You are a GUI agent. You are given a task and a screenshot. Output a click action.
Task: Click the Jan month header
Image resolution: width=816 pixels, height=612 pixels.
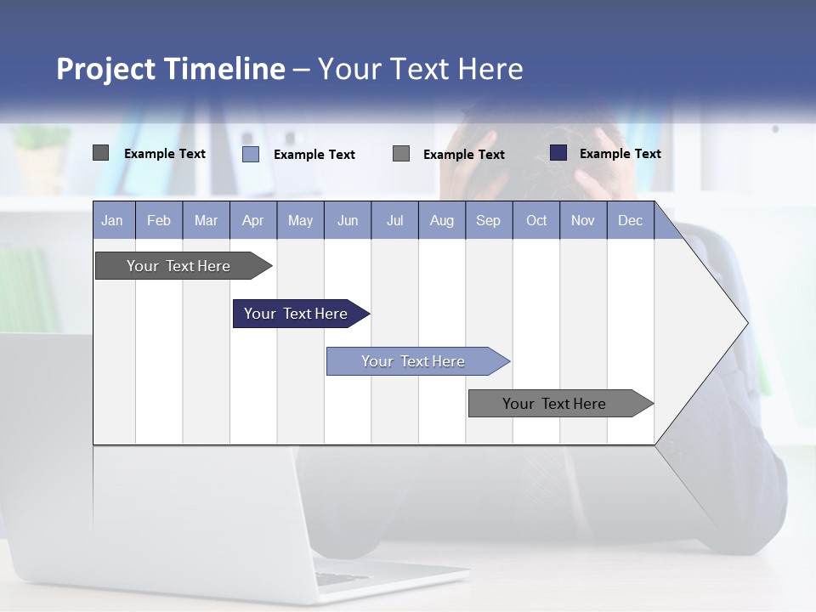112,220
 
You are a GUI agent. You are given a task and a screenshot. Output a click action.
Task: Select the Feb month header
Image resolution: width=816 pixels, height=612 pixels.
159,220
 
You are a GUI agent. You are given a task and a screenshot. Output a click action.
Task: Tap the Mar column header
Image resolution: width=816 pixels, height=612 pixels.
206,220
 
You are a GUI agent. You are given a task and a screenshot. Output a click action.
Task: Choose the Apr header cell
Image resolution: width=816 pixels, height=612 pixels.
253,220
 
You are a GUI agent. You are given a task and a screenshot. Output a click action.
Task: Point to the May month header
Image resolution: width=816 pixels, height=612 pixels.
300,220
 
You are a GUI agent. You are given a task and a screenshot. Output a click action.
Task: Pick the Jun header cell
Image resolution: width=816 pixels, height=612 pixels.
348,220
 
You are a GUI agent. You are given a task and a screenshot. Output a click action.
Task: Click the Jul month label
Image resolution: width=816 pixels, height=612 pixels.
394,220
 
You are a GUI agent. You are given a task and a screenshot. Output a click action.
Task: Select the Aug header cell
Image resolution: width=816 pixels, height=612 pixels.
442,220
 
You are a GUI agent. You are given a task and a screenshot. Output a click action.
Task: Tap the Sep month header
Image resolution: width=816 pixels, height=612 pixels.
489,220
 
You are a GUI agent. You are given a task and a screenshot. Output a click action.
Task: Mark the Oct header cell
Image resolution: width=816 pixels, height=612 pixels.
536,220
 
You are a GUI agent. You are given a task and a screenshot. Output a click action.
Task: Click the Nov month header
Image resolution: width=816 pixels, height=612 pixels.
583,220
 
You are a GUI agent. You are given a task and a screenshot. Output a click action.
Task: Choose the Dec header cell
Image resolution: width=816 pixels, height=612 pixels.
631,220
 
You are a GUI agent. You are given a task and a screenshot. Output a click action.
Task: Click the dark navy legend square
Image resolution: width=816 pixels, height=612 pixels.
558,153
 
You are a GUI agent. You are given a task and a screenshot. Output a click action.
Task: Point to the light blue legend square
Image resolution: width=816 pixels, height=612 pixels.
251,154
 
